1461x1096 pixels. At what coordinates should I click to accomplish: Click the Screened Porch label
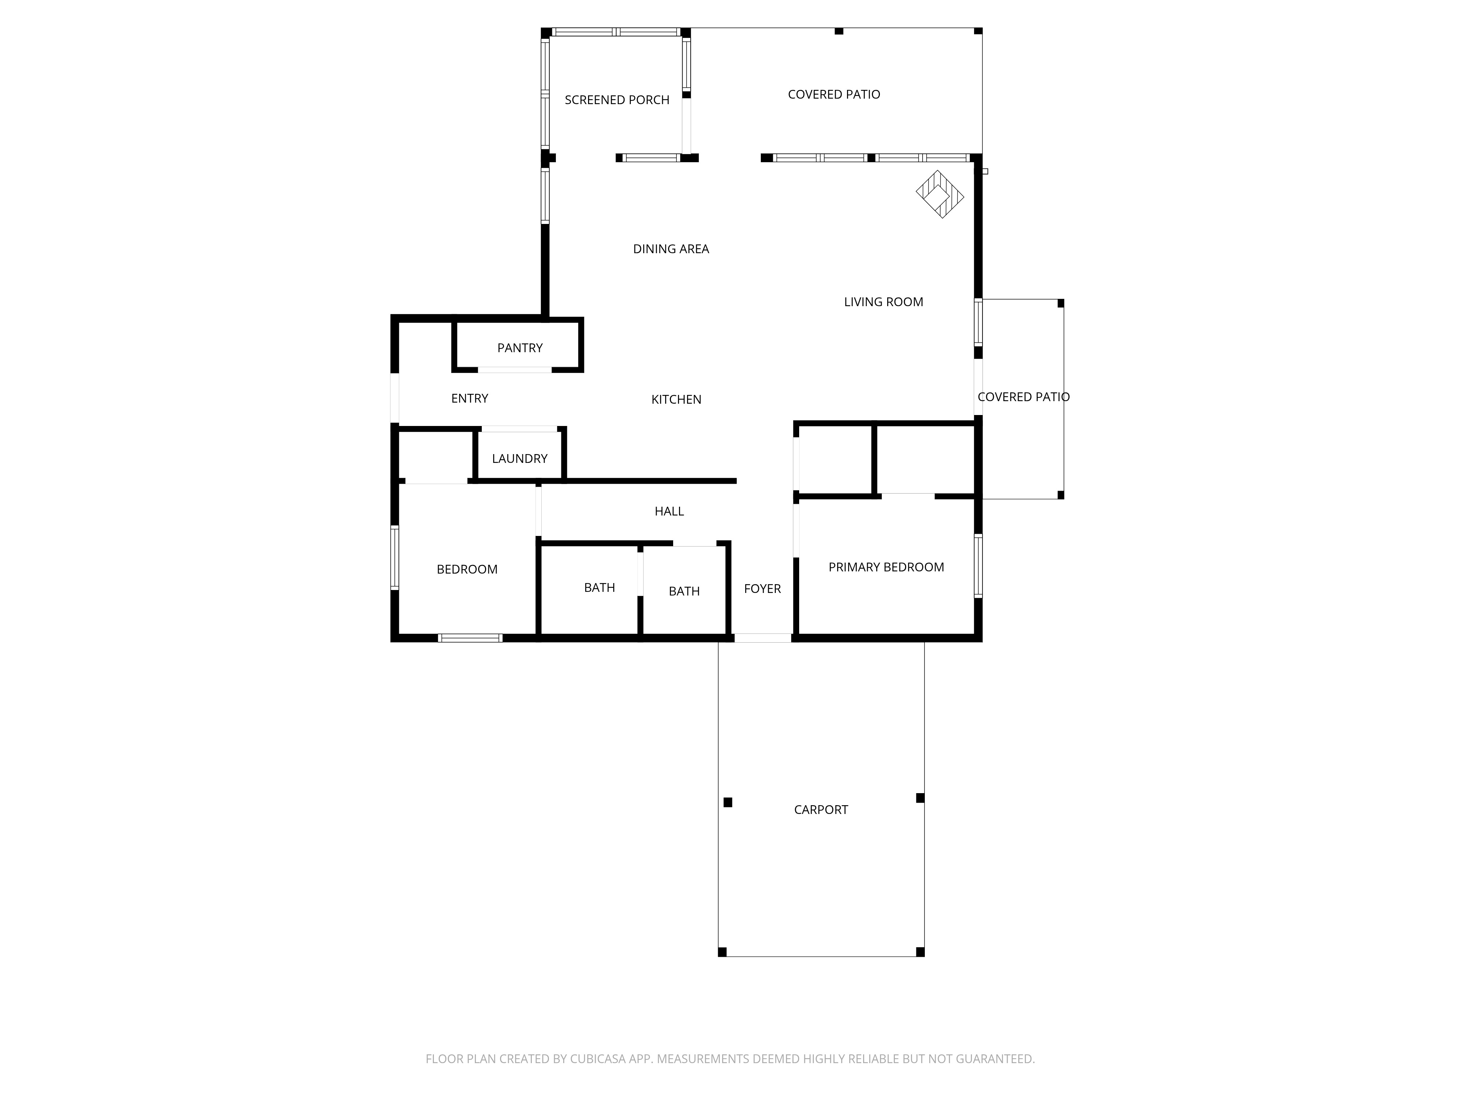coord(617,100)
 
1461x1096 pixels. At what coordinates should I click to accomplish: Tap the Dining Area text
coord(671,249)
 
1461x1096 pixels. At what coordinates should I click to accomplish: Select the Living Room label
coord(884,302)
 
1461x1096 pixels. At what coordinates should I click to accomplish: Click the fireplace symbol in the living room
coord(940,194)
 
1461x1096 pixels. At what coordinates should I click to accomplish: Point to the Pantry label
coord(520,348)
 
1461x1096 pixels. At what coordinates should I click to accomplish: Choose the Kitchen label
coord(676,400)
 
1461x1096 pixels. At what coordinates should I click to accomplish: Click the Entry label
coord(470,398)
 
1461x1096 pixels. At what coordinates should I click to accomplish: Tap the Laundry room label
coord(520,458)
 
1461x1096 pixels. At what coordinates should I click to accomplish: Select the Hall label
coord(669,511)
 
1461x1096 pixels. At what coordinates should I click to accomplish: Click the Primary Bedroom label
coord(886,567)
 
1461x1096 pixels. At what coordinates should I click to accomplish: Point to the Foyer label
coord(762,589)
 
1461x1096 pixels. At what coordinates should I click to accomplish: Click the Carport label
coord(821,810)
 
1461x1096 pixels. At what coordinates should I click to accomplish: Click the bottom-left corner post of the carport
coord(722,952)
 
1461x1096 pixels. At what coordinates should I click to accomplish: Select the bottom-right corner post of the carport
coord(920,952)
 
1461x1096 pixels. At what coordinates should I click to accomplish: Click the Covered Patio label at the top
coord(834,95)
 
